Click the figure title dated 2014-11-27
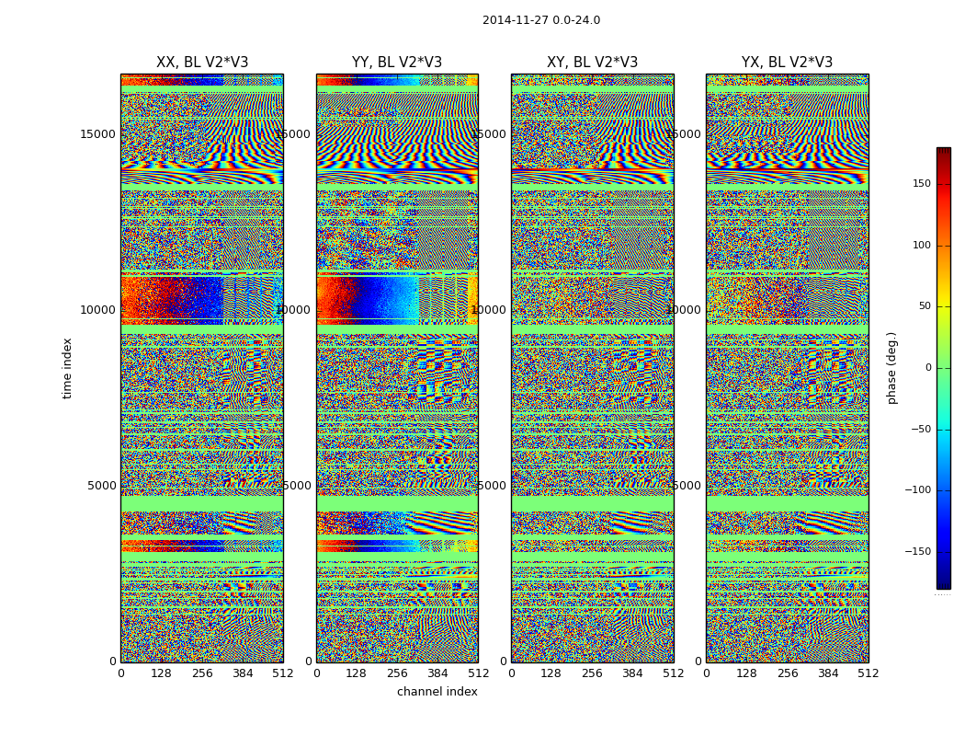(540, 20)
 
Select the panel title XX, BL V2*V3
(202, 63)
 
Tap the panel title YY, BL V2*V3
(397, 63)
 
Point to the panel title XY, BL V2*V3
(592, 63)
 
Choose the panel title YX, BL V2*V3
(787, 63)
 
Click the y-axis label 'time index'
(68, 368)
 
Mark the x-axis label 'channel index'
(437, 692)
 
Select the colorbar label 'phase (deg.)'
(891, 368)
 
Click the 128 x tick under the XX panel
(161, 673)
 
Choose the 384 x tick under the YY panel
(437, 673)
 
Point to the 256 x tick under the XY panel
(592, 673)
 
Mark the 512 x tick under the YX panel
(868, 673)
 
